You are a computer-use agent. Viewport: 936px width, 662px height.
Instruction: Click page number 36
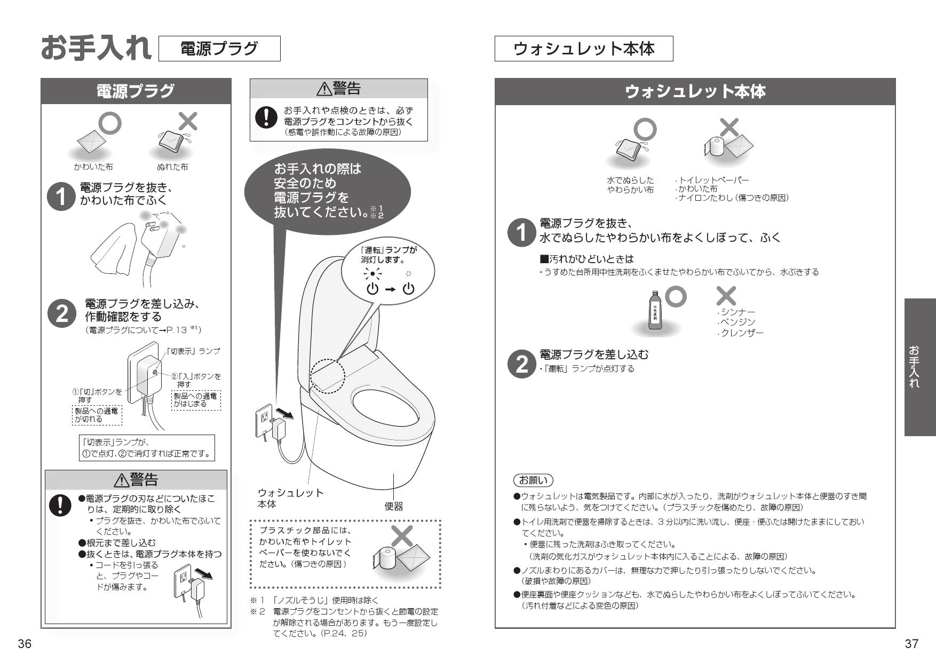(x=25, y=643)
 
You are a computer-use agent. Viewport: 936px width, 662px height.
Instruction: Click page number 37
(x=911, y=643)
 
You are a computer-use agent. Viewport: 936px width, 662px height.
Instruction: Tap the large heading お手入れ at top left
(x=96, y=48)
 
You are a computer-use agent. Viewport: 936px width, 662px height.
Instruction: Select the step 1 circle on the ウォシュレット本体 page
(x=520, y=233)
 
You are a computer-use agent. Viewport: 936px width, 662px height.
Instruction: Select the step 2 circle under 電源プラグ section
(x=62, y=314)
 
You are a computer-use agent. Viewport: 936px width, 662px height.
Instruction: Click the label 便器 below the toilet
(x=394, y=506)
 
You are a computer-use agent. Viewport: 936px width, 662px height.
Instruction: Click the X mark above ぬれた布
(x=188, y=122)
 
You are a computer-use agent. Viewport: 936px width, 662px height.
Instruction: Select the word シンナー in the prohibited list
(x=737, y=312)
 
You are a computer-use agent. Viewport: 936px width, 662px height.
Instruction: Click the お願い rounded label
(x=533, y=479)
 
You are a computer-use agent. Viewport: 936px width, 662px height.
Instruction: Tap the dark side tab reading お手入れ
(x=920, y=367)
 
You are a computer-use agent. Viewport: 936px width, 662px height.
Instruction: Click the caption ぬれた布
(x=172, y=167)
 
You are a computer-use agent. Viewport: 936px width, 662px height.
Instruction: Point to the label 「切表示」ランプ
(x=193, y=351)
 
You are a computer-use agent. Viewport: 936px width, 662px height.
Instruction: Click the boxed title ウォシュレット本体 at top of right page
(x=583, y=49)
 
